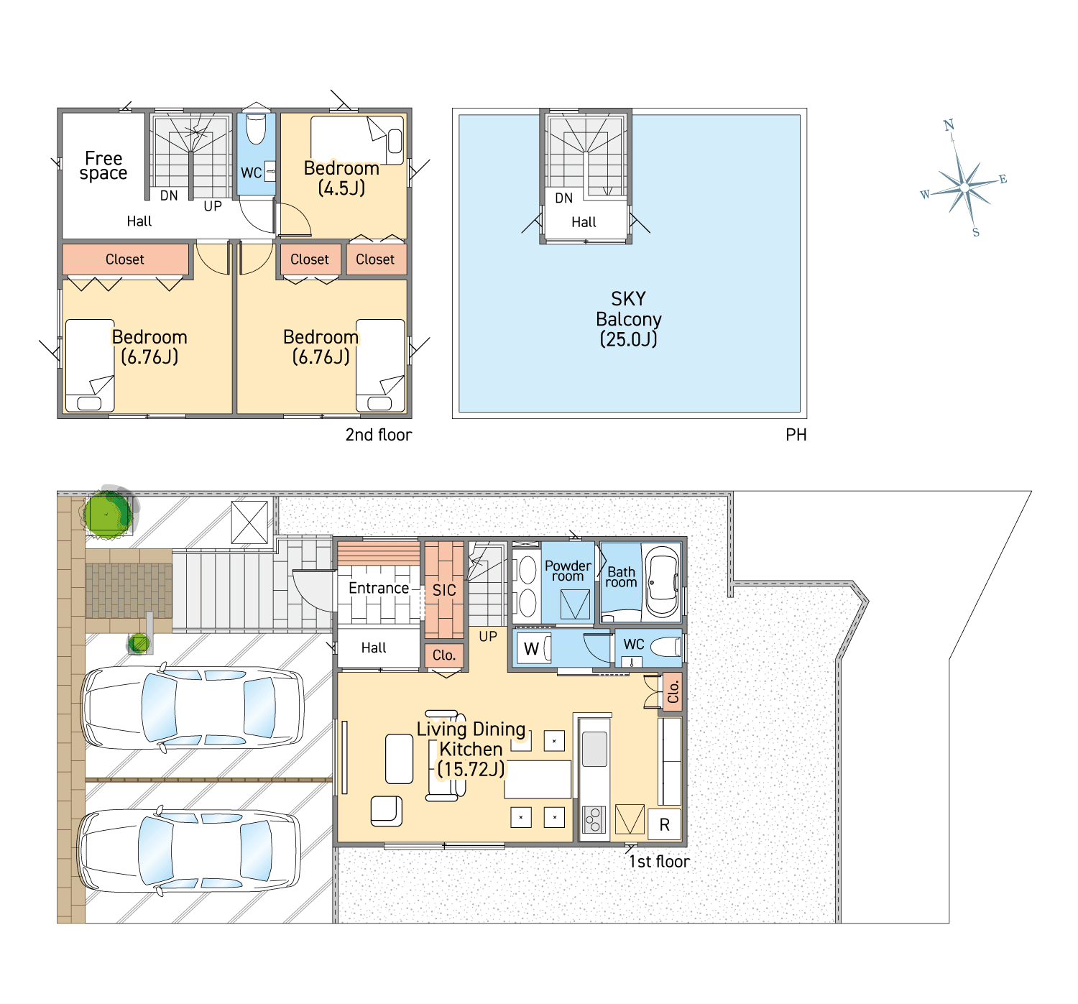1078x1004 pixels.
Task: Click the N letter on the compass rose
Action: tap(948, 126)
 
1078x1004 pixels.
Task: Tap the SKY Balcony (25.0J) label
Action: tap(629, 319)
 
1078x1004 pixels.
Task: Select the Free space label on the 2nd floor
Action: tap(103, 165)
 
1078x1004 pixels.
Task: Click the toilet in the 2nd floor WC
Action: tap(256, 128)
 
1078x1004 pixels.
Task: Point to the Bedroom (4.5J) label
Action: tap(341, 178)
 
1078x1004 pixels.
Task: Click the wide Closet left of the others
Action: tap(125, 259)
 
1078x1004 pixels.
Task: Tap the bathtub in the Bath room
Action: tap(662, 582)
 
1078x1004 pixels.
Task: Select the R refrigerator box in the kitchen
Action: tap(664, 825)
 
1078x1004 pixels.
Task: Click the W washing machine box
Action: tap(533, 648)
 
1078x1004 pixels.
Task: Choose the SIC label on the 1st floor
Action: tap(444, 590)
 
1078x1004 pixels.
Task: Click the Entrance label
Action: tap(378, 588)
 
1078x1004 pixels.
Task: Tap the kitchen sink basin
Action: tap(594, 749)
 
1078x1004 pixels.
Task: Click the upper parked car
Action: tap(193, 708)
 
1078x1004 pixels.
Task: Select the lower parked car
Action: tap(189, 851)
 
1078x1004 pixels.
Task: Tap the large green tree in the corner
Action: tap(107, 513)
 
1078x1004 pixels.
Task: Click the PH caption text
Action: tap(796, 435)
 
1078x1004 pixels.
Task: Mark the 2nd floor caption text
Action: tap(379, 435)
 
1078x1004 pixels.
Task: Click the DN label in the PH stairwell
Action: tap(563, 198)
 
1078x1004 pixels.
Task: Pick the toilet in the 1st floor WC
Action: tap(665, 648)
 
